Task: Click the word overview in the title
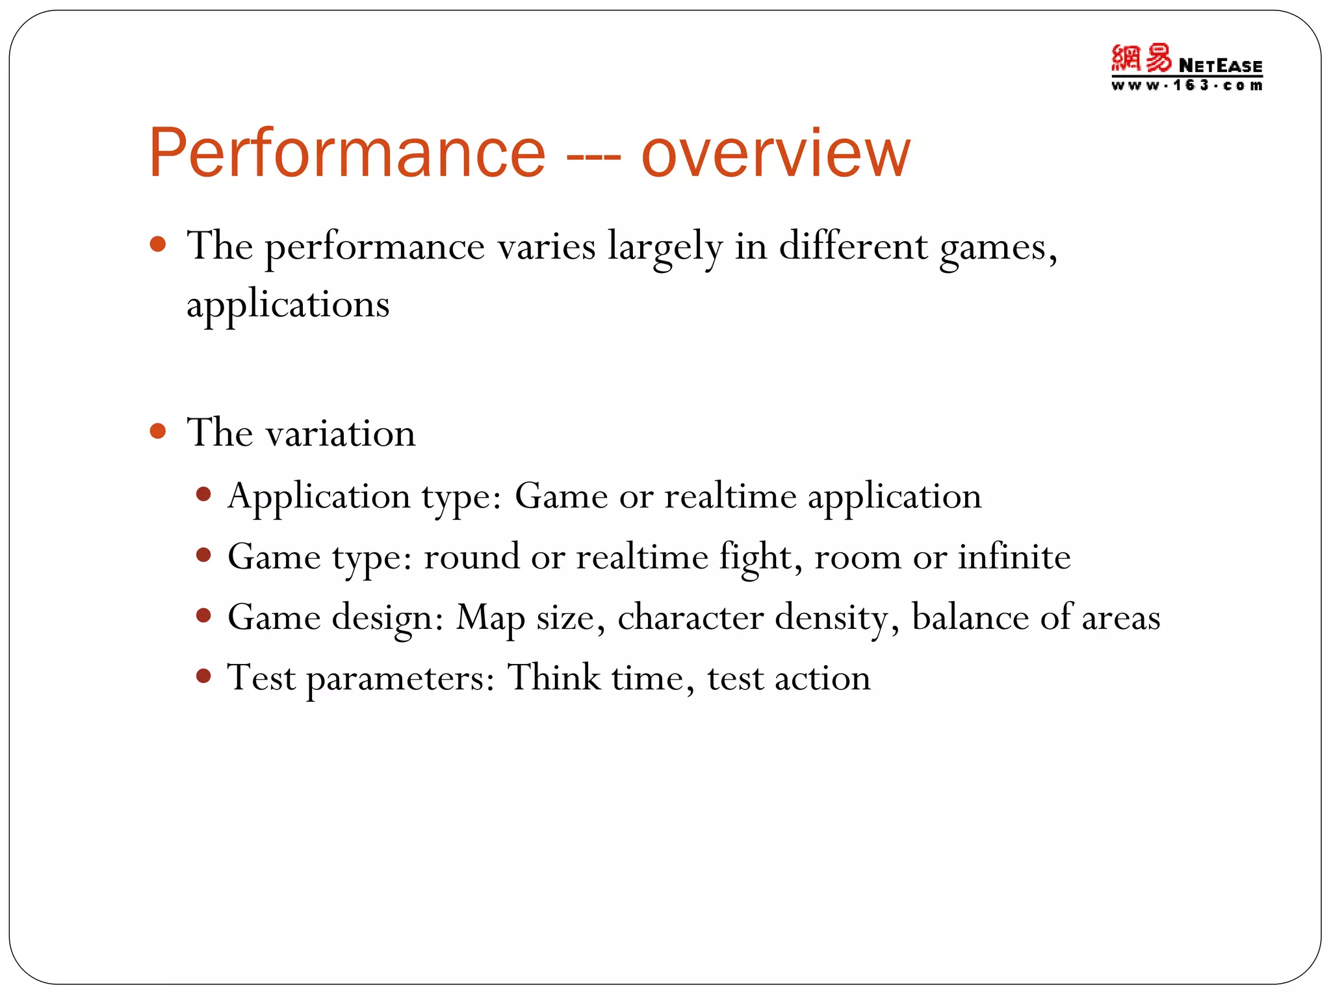(776, 153)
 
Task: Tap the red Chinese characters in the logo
(1141, 58)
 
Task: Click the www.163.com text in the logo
(1187, 85)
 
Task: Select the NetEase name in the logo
(1220, 66)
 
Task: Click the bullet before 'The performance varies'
(158, 245)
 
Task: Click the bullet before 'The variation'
(158, 431)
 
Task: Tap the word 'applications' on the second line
(288, 305)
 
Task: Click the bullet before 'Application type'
(204, 495)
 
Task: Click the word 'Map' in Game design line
(490, 618)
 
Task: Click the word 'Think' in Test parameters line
(554, 677)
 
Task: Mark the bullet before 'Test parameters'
(204, 676)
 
